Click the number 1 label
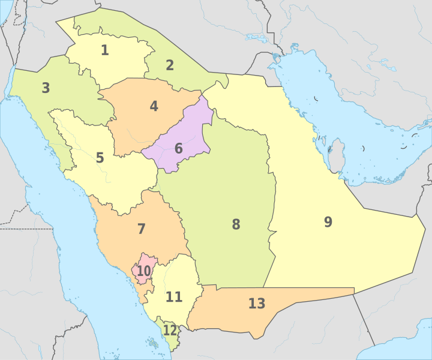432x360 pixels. click(104, 50)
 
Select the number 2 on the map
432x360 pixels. click(170, 65)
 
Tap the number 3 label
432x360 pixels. click(46, 88)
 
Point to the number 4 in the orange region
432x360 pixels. click(154, 107)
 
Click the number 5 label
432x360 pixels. click(100, 158)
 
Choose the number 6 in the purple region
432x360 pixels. click(179, 148)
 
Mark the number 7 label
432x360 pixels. click(142, 229)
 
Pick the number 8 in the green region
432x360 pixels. click(236, 225)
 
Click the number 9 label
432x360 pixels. click(328, 222)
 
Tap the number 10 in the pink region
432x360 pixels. click(143, 271)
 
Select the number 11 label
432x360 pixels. click(174, 297)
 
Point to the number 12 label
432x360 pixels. click(170, 331)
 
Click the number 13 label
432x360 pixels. click(256, 304)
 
